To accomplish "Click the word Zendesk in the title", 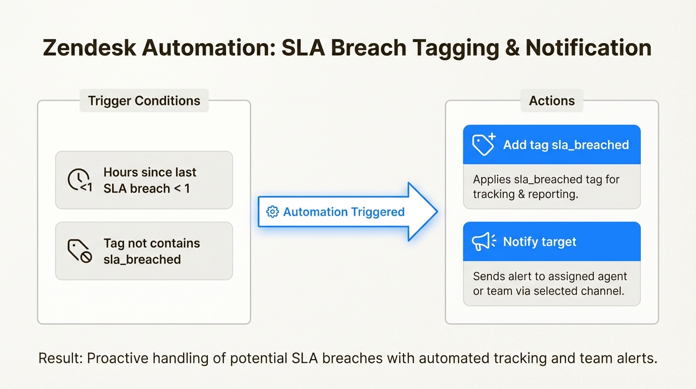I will (89, 48).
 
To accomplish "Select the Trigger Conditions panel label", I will (144, 101).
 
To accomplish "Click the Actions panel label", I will (552, 101).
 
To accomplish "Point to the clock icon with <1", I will (79, 180).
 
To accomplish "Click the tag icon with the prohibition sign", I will (79, 251).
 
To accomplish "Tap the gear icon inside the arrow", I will (272, 212).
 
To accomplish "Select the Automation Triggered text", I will (343, 212).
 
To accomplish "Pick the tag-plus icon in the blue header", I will (484, 145).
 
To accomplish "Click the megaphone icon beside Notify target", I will (484, 242).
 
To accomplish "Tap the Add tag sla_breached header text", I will (565, 145).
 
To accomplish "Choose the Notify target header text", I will (539, 242).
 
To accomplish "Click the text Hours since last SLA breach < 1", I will (150, 180).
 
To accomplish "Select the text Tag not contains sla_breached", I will (151, 251).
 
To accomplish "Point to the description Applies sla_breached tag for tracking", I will (546, 187).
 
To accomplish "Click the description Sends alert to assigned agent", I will (549, 284).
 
